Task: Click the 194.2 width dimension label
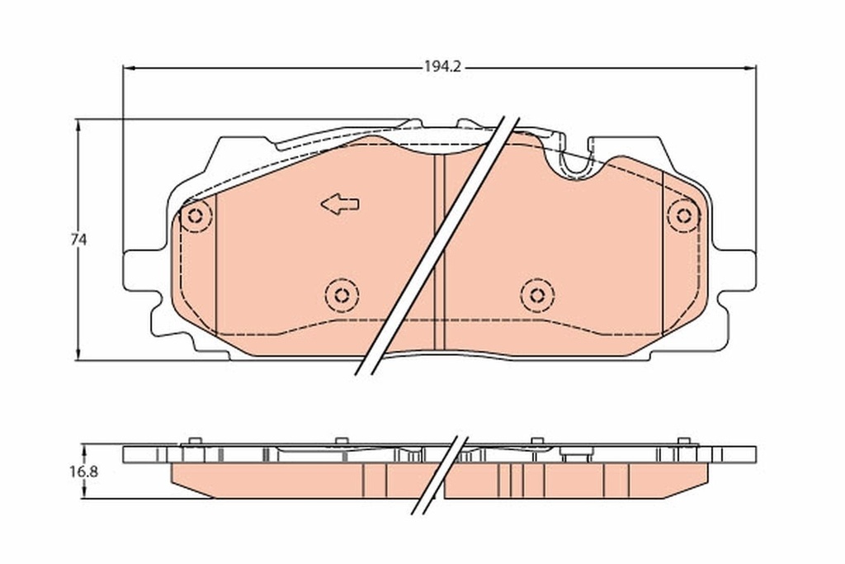coord(441,68)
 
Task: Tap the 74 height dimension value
coord(78,239)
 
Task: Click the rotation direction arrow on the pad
coord(339,204)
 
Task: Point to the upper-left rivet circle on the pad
coord(196,216)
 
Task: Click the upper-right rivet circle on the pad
coord(683,216)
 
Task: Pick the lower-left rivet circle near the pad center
coord(341,294)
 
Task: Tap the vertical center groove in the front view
coord(439,248)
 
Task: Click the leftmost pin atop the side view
coord(195,440)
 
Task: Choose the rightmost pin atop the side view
coord(682,440)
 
